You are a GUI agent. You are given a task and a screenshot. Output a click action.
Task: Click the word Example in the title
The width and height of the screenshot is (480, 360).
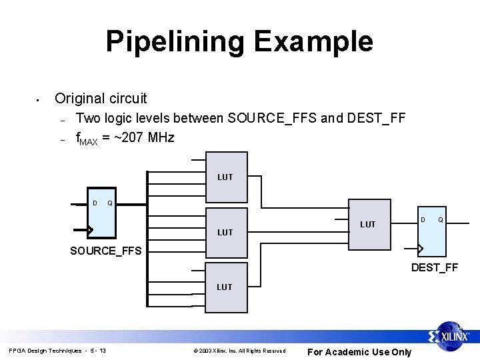coord(312,41)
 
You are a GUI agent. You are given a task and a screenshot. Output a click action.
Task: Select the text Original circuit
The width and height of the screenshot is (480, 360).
coord(101,99)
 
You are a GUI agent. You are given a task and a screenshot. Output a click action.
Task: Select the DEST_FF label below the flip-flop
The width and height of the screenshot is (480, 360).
coord(434,268)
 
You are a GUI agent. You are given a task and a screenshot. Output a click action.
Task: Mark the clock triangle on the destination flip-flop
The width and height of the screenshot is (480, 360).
coord(419,249)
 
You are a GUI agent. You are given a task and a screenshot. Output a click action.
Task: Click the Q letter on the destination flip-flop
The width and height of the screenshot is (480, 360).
coord(441,219)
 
